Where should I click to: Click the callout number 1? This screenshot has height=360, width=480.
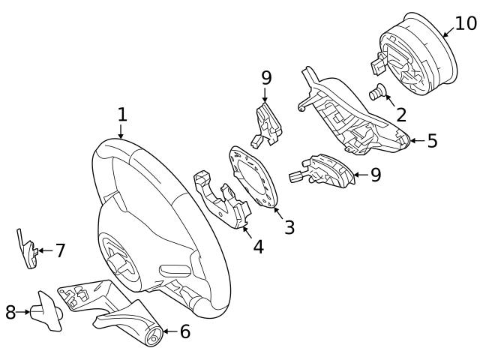click(122, 115)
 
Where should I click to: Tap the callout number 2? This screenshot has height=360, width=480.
click(400, 115)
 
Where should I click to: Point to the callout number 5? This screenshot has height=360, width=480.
click(432, 141)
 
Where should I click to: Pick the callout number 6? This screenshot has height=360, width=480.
click(184, 331)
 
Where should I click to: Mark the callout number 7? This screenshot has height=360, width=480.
click(60, 251)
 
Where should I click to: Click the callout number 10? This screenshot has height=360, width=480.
click(465, 23)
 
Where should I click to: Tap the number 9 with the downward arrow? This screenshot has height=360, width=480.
click(266, 78)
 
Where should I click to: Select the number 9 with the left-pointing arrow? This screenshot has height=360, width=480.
click(375, 175)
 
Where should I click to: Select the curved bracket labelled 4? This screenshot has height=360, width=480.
click(221, 201)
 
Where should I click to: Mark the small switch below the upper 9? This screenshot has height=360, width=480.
click(267, 122)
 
